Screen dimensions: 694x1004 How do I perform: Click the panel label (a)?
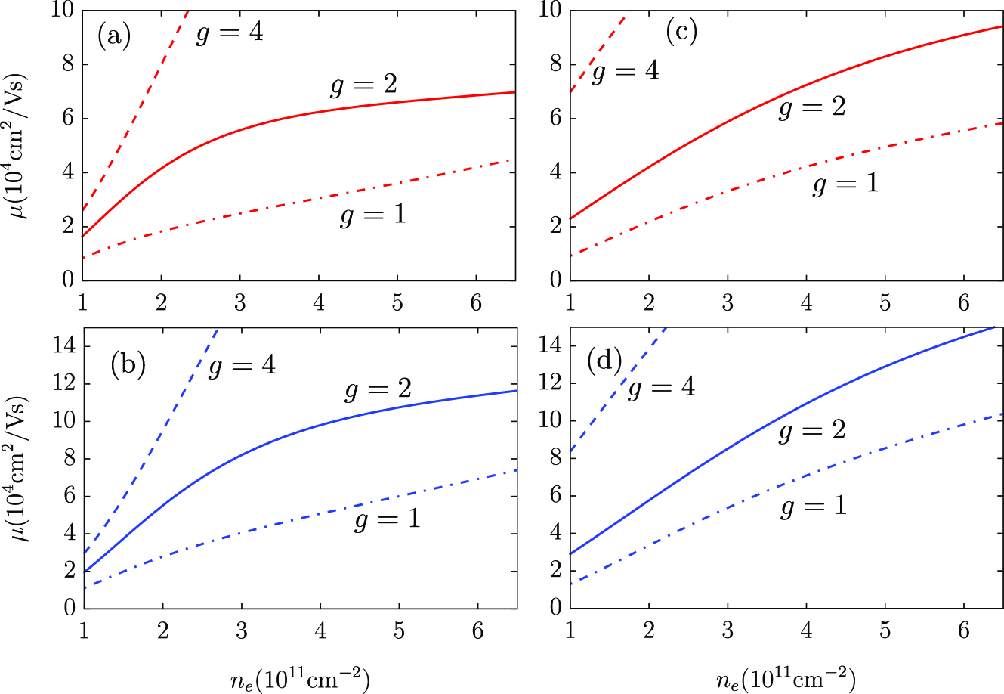point(113,36)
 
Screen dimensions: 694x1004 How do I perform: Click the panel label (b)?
point(127,365)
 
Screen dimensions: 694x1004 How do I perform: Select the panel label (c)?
point(681,31)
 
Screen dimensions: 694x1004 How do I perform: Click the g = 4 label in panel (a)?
point(229,33)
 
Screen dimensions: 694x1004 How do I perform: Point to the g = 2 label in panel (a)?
point(363,85)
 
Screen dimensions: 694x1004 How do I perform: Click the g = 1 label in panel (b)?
point(387,519)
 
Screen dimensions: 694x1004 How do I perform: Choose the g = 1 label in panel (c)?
point(845,184)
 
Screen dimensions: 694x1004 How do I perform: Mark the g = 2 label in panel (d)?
point(811,431)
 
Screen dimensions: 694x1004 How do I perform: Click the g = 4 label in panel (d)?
point(662,388)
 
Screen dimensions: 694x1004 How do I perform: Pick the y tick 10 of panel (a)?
point(64,10)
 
